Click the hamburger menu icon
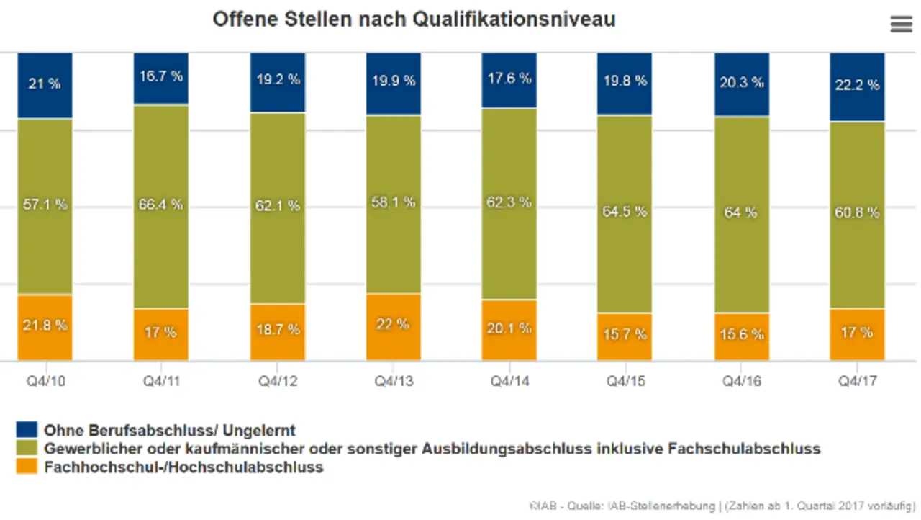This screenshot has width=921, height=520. (901, 24)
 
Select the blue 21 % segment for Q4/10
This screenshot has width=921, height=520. (45, 85)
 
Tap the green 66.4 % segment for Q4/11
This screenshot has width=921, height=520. (160, 206)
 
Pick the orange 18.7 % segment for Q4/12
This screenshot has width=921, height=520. (277, 332)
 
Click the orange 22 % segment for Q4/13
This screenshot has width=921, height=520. (393, 326)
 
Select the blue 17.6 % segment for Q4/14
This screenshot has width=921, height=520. (509, 80)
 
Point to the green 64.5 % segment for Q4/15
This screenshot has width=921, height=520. (624, 214)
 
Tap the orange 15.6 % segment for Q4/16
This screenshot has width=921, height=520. (741, 336)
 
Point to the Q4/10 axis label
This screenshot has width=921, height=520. (45, 380)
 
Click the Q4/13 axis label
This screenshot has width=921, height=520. (393, 380)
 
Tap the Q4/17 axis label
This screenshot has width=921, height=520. (857, 380)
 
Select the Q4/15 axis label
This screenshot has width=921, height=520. (624, 380)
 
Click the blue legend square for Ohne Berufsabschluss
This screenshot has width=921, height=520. (26, 431)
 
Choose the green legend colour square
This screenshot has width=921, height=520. (26, 449)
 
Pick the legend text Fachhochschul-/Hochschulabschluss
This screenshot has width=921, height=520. (183, 467)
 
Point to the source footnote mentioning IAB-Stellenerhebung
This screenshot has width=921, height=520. (720, 506)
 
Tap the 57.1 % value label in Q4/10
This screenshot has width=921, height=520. (45, 205)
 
